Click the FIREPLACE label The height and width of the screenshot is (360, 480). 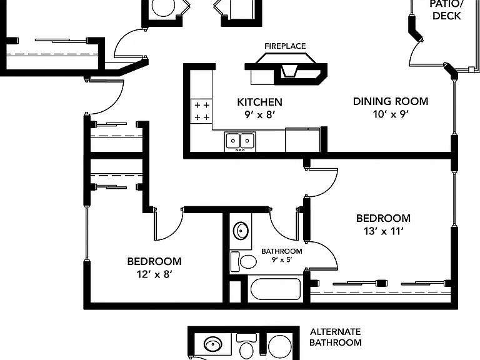pos(285,46)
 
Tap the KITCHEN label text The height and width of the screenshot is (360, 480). pos(259,102)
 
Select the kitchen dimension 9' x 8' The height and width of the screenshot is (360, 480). pos(259,115)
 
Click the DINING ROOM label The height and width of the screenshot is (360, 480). pos(391,101)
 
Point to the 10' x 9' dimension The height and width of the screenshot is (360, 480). pos(391,114)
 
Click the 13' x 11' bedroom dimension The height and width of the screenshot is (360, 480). pos(383,231)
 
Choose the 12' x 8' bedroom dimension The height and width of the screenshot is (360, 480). pos(154,274)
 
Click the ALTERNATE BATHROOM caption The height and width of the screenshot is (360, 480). pos(336,337)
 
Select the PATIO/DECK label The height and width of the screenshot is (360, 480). pos(447,10)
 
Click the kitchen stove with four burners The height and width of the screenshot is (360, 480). pos(201,111)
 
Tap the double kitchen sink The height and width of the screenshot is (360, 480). pos(240,141)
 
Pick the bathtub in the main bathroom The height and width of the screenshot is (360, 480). pos(276,289)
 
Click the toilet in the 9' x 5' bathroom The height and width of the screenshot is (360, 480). pos(243,262)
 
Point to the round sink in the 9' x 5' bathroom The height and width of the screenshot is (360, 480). pos(241,230)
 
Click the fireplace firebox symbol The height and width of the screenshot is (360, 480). pos(289,71)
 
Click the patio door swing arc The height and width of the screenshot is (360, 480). pos(414,52)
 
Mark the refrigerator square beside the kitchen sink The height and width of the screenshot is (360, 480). pos(302,140)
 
